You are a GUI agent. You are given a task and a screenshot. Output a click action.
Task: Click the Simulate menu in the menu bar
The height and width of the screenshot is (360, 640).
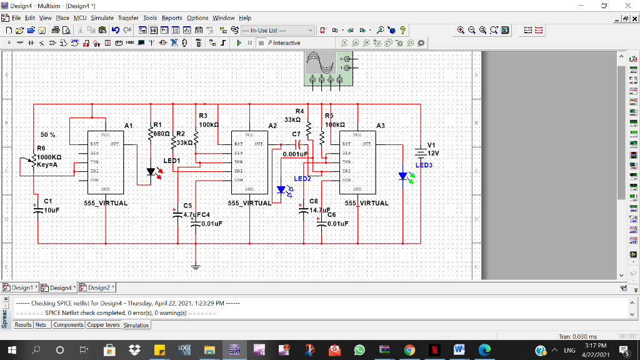(x=102, y=18)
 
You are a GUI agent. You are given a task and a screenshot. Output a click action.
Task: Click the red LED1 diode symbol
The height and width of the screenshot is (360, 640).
(x=151, y=171)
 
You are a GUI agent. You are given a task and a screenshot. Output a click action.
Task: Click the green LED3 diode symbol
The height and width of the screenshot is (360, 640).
(x=403, y=177)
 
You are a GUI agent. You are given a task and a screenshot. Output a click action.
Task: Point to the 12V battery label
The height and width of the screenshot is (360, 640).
(x=433, y=153)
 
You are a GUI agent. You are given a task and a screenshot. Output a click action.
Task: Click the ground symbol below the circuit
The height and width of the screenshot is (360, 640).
(x=196, y=266)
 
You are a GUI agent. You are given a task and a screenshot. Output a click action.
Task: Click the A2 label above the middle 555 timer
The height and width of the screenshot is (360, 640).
(x=272, y=126)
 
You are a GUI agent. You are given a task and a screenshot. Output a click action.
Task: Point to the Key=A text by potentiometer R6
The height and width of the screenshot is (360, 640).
(x=47, y=165)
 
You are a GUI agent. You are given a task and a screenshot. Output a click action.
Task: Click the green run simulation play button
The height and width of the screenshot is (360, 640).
(x=239, y=43)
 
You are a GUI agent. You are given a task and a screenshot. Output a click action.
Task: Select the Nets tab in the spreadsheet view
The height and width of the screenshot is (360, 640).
(x=41, y=325)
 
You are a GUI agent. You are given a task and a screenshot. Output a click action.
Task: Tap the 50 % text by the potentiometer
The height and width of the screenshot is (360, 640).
(x=48, y=135)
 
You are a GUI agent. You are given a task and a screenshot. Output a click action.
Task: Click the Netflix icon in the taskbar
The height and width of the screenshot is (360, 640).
(x=433, y=351)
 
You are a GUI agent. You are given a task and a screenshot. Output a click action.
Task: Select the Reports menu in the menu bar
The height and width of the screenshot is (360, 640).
(x=172, y=18)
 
